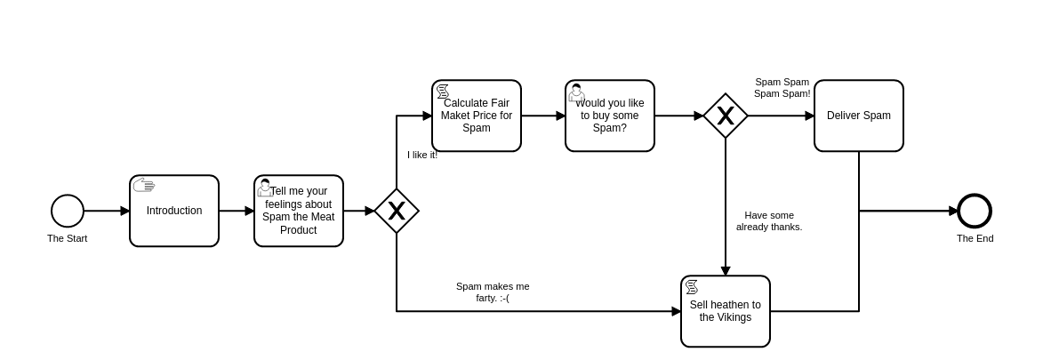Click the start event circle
68,211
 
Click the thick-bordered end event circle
975,211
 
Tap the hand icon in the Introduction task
144,185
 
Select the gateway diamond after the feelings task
397,211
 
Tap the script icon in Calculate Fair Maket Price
443,91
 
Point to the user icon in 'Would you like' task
576,92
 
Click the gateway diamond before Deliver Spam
726,116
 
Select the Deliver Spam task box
859,116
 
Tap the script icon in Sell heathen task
692,286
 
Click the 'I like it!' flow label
422,155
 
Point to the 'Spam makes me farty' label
493,292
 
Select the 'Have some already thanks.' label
769,221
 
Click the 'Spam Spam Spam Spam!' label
782,88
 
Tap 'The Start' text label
68,238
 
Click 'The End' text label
975,238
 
